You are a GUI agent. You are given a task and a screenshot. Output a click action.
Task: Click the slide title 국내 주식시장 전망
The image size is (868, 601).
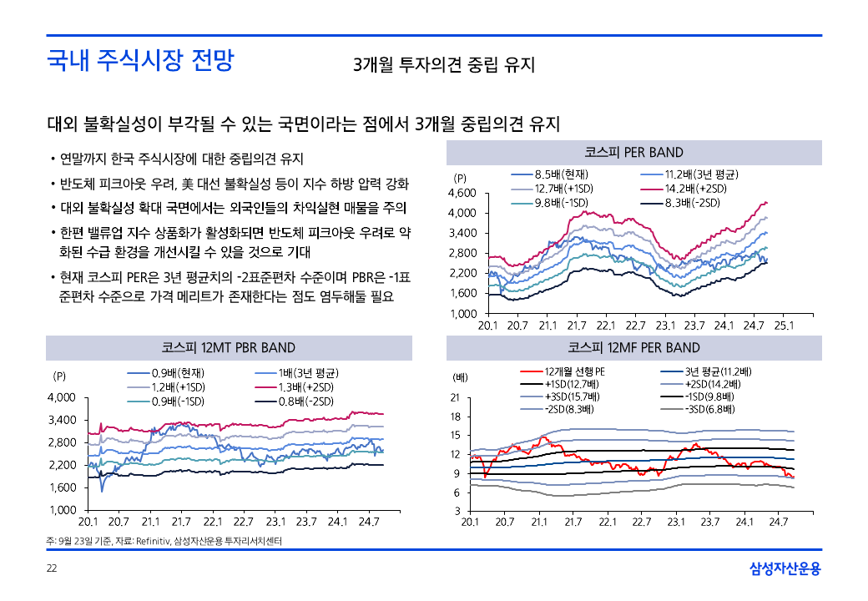tap(140, 60)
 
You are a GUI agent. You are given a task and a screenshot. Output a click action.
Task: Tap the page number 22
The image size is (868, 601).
tap(52, 569)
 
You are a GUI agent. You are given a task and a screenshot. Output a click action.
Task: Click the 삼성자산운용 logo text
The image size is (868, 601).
tap(785, 569)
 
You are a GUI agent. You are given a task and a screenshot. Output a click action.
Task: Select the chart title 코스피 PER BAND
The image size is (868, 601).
tap(633, 152)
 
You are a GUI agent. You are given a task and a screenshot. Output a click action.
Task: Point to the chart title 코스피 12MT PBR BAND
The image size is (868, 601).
tap(228, 347)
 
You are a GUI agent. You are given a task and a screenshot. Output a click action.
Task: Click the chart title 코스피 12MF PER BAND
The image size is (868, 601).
tap(633, 347)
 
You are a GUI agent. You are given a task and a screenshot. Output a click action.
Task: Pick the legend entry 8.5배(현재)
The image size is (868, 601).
tap(561, 174)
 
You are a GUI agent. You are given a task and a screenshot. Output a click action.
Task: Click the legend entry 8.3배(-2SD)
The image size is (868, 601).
tap(692, 203)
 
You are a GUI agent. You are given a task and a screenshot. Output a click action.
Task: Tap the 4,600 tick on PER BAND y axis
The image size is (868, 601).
tap(463, 193)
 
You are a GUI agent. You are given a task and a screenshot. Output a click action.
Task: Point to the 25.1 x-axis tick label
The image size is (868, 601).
tap(784, 326)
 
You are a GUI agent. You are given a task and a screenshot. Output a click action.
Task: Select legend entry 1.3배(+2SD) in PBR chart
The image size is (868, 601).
tap(307, 387)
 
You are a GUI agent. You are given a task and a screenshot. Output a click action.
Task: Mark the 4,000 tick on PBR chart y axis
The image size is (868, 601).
tap(63, 397)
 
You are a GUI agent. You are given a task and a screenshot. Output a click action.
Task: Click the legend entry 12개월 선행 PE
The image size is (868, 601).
tap(574, 371)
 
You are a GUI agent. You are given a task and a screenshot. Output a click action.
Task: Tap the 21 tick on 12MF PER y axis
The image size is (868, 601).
tap(455, 397)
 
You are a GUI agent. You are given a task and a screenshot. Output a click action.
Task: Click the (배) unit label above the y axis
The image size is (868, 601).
tap(459, 377)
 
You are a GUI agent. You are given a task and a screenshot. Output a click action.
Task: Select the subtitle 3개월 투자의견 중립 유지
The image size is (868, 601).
tap(443, 65)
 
